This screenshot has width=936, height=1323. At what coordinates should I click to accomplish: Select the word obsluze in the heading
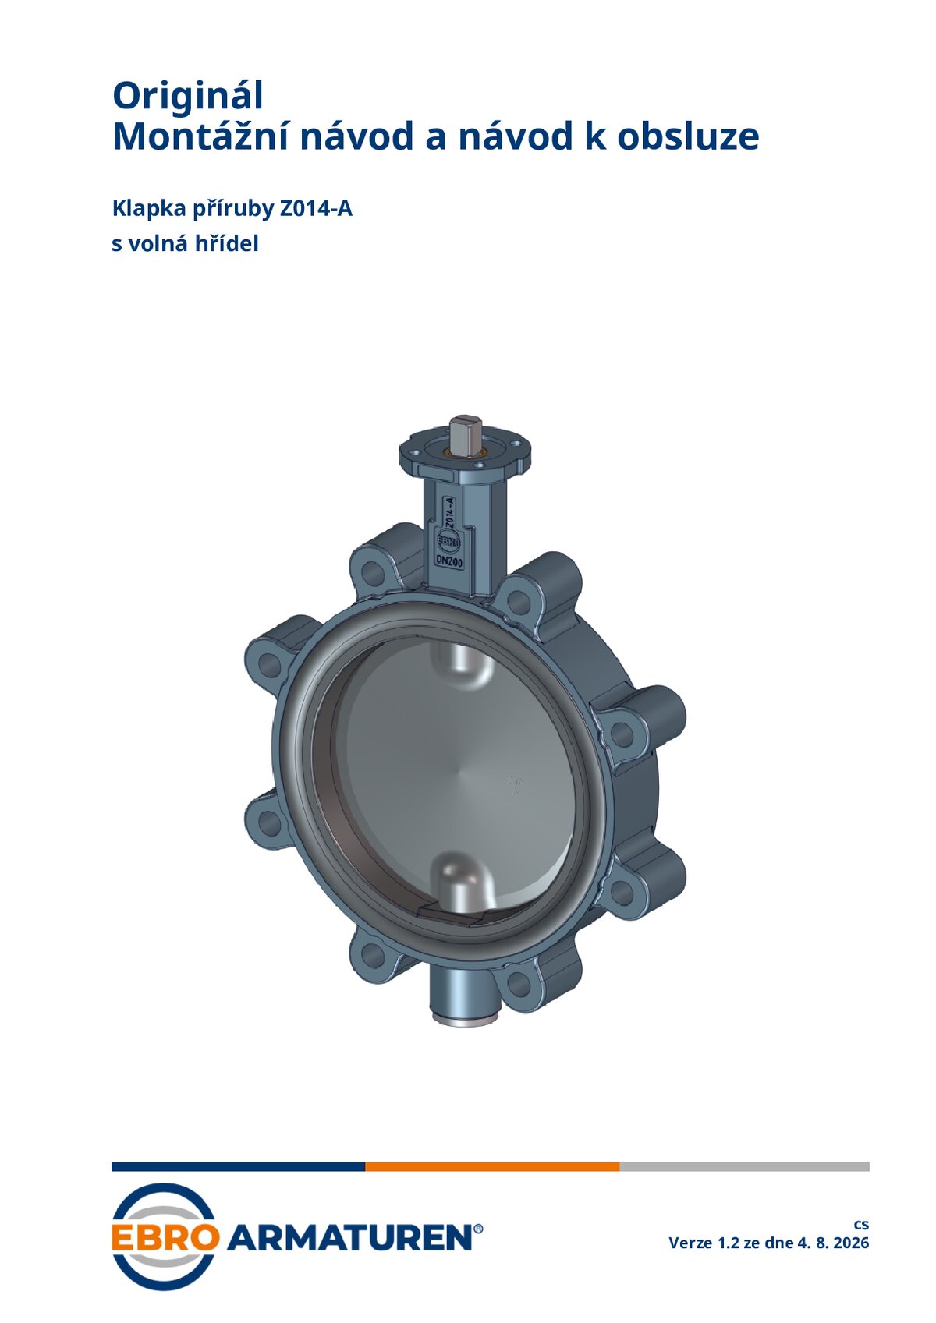pyautogui.click(x=689, y=136)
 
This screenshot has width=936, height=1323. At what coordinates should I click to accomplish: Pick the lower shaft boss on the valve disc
pyautogui.click(x=463, y=881)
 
